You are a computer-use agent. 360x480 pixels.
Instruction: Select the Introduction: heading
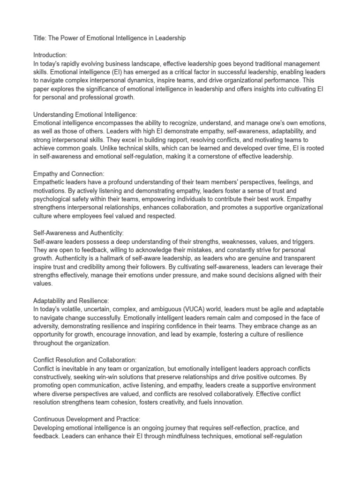(51, 55)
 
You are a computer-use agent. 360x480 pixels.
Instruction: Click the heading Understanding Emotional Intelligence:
(85, 114)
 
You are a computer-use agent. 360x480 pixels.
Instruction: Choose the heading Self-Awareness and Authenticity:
(78, 233)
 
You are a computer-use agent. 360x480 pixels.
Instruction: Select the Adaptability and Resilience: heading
(71, 300)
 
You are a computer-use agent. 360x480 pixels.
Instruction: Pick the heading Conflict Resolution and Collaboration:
(85, 360)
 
